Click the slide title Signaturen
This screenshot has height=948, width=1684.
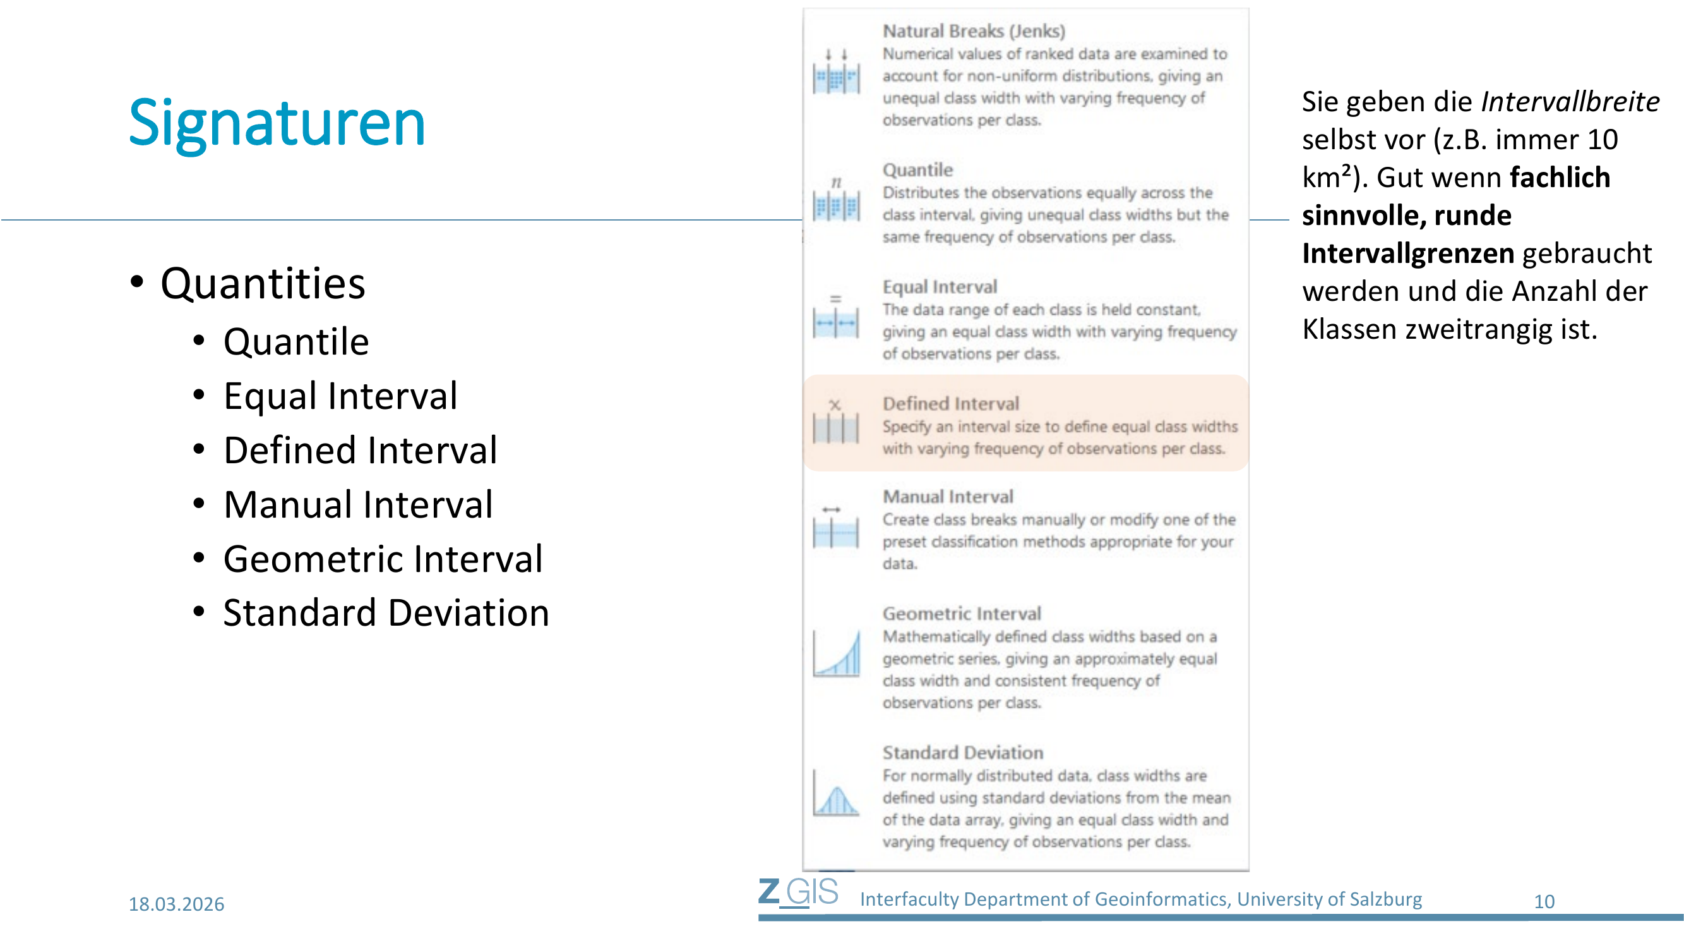[277, 123]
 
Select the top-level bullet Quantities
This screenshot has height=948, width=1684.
[263, 284]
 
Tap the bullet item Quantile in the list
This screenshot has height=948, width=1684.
[296, 342]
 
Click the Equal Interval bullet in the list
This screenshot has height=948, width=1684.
[340, 396]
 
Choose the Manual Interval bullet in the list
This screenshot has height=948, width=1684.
[358, 504]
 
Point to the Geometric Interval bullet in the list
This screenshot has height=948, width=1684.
[383, 559]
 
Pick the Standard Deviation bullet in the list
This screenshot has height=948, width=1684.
[386, 613]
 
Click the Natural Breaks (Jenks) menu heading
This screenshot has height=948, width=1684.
[974, 31]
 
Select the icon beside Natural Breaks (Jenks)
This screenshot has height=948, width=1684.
[836, 72]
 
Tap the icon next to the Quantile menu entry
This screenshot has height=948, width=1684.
[836, 200]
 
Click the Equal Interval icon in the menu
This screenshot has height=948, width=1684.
[836, 317]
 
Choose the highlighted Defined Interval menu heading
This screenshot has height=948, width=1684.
[951, 404]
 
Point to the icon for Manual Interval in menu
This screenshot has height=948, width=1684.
[836, 526]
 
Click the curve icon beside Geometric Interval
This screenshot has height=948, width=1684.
[836, 653]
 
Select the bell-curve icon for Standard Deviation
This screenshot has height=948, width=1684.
[836, 793]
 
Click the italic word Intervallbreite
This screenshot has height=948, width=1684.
[1570, 102]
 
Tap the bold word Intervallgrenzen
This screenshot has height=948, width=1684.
[1408, 253]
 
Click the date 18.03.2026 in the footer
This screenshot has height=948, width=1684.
[177, 904]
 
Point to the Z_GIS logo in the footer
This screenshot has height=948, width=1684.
[798, 892]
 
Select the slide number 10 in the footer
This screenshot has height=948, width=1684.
[1544, 902]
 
